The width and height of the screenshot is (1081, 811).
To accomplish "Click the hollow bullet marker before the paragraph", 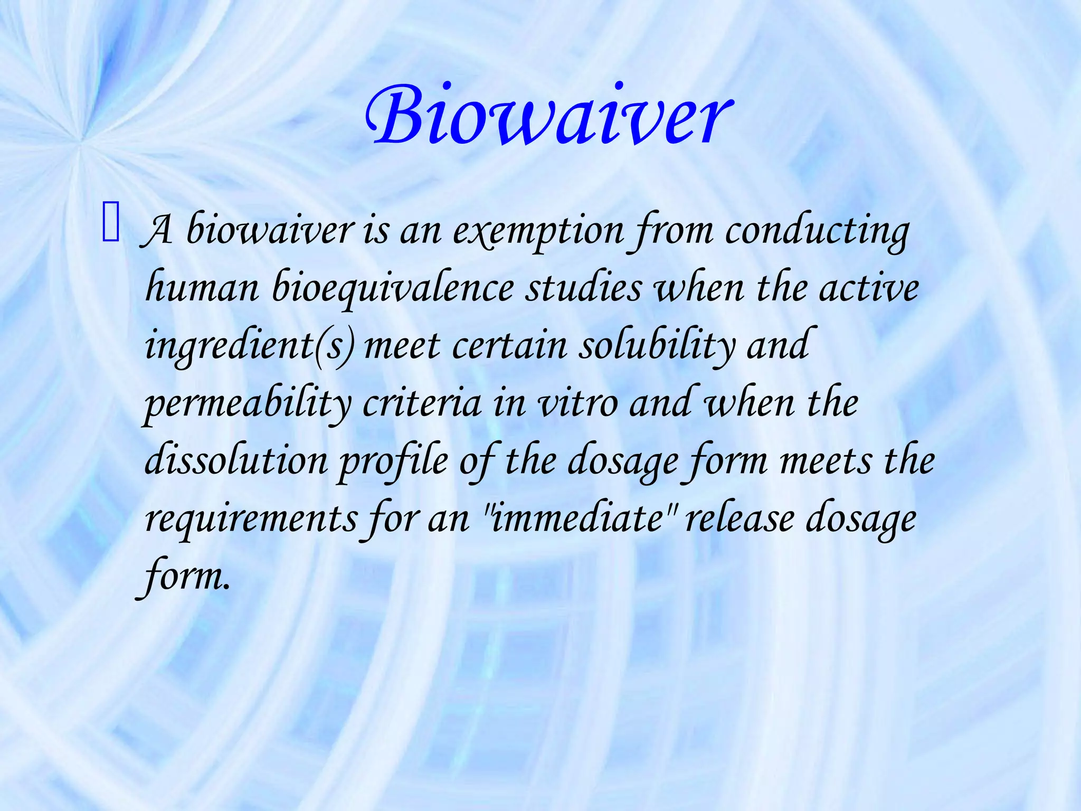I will [111, 224].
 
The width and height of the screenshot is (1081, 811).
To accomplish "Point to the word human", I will [202, 289].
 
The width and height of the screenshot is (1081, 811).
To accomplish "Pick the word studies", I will [584, 289].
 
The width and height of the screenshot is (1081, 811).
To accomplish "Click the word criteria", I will [422, 404].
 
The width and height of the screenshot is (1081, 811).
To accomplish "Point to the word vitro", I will [577, 404].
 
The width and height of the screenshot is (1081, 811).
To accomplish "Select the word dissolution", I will [236, 461].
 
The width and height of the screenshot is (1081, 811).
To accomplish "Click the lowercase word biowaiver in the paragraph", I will [270, 231].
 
